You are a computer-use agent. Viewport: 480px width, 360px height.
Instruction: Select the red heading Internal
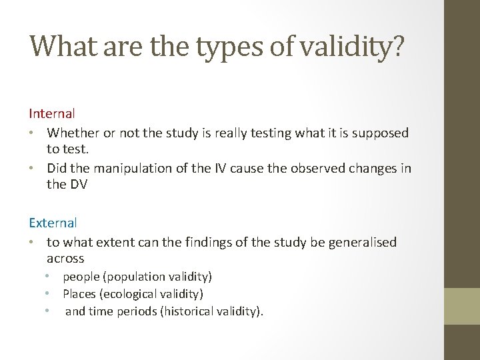[52, 114]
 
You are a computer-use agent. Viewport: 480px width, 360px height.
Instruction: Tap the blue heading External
[53, 223]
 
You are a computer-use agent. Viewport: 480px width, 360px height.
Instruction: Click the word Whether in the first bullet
[70, 133]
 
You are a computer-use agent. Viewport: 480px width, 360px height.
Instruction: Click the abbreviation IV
[220, 169]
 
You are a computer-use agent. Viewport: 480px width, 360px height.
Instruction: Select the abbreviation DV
[78, 184]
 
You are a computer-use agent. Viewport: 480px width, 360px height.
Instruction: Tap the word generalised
[362, 242]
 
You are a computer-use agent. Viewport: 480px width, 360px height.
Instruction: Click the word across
[65, 258]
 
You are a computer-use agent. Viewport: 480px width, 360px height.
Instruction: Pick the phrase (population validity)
[159, 276]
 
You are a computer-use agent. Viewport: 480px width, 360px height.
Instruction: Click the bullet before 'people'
[48, 276]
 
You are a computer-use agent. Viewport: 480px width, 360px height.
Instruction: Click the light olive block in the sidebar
[462, 306]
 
